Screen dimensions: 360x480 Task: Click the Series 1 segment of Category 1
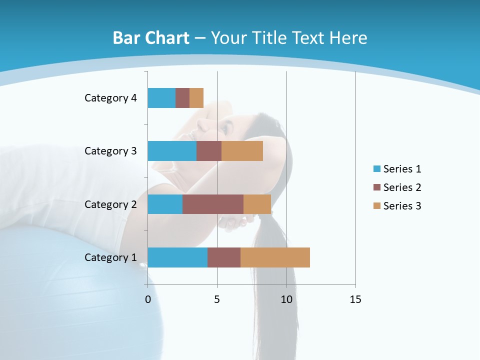click(x=177, y=257)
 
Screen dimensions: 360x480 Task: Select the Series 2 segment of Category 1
click(x=224, y=257)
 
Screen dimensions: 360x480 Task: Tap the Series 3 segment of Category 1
click(x=275, y=257)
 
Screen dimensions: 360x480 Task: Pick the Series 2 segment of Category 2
click(x=213, y=204)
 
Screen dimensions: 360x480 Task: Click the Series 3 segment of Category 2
click(x=257, y=204)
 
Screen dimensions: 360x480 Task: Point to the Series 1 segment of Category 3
click(x=172, y=151)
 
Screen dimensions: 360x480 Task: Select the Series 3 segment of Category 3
click(x=242, y=151)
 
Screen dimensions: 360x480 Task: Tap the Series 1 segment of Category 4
click(x=161, y=98)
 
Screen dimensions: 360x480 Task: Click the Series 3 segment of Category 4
click(x=196, y=98)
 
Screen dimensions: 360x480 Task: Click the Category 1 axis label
click(x=110, y=257)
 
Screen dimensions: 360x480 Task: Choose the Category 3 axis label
click(x=110, y=151)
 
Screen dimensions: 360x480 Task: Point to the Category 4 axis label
click(x=110, y=98)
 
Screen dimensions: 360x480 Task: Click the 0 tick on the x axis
click(x=148, y=299)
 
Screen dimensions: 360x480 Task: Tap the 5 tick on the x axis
click(x=217, y=299)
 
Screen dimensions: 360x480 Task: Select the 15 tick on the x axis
click(x=355, y=299)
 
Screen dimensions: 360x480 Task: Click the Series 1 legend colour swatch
click(x=376, y=169)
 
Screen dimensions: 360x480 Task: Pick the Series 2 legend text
click(x=402, y=187)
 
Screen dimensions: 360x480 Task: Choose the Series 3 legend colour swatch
click(x=376, y=206)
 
